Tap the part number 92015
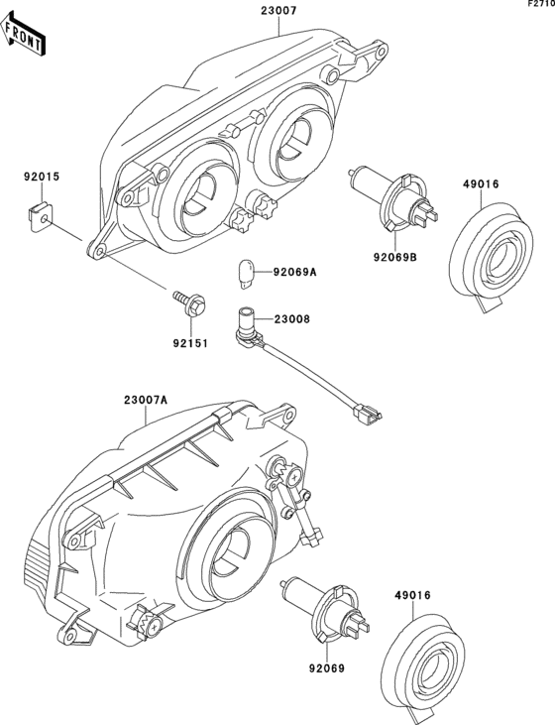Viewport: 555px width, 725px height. click(x=42, y=178)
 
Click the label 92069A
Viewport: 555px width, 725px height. click(x=295, y=271)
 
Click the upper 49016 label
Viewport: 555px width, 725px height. click(x=483, y=182)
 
